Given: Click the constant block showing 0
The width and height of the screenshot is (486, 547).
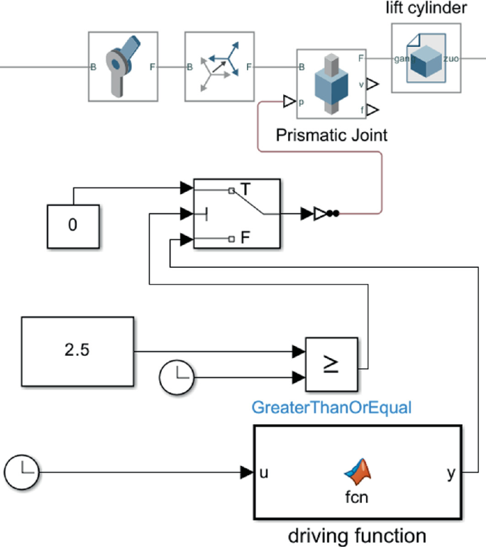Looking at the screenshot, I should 74,226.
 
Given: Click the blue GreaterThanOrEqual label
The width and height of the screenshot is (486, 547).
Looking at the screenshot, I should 332,408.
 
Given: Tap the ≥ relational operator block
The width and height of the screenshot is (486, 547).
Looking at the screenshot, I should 331,362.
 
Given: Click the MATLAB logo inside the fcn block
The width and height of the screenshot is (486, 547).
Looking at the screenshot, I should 358,470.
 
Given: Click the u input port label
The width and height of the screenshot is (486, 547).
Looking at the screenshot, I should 263,472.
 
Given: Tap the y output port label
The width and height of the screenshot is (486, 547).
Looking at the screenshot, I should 451,472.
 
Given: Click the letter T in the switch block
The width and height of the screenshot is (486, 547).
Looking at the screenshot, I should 245,189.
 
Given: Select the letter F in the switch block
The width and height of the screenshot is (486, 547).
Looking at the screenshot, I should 245,239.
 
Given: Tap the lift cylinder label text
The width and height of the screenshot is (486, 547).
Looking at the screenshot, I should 426,9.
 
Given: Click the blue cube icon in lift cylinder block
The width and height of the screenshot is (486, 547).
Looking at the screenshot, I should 425,59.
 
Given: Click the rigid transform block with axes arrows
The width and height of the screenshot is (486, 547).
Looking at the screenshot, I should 219,67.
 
